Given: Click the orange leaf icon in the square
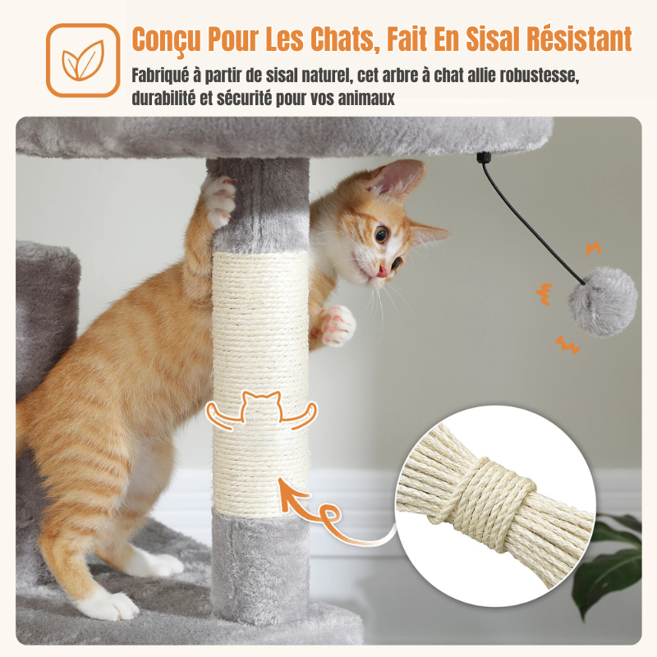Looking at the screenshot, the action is click(83, 60).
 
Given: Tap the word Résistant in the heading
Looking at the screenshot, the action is click(579, 39).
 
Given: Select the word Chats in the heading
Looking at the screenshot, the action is click(344, 39).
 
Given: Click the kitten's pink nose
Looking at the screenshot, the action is click(382, 271).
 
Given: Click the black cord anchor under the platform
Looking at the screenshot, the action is click(481, 159).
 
